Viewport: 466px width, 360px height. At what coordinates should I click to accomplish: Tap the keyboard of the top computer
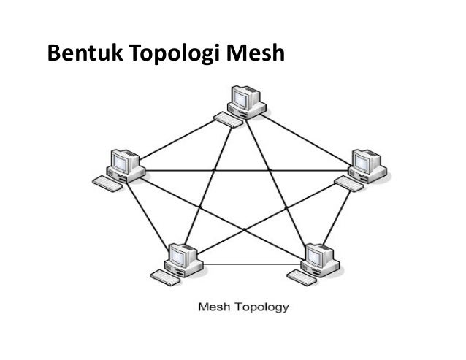pyautogui.click(x=229, y=120)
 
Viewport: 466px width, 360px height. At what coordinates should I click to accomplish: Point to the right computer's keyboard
pyautogui.click(x=350, y=183)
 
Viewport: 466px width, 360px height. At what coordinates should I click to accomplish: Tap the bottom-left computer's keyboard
pyautogui.click(x=164, y=275)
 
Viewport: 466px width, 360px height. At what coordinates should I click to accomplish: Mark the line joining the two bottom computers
pyautogui.click(x=248, y=263)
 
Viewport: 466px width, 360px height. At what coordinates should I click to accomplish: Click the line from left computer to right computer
pyautogui.click(x=241, y=171)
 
